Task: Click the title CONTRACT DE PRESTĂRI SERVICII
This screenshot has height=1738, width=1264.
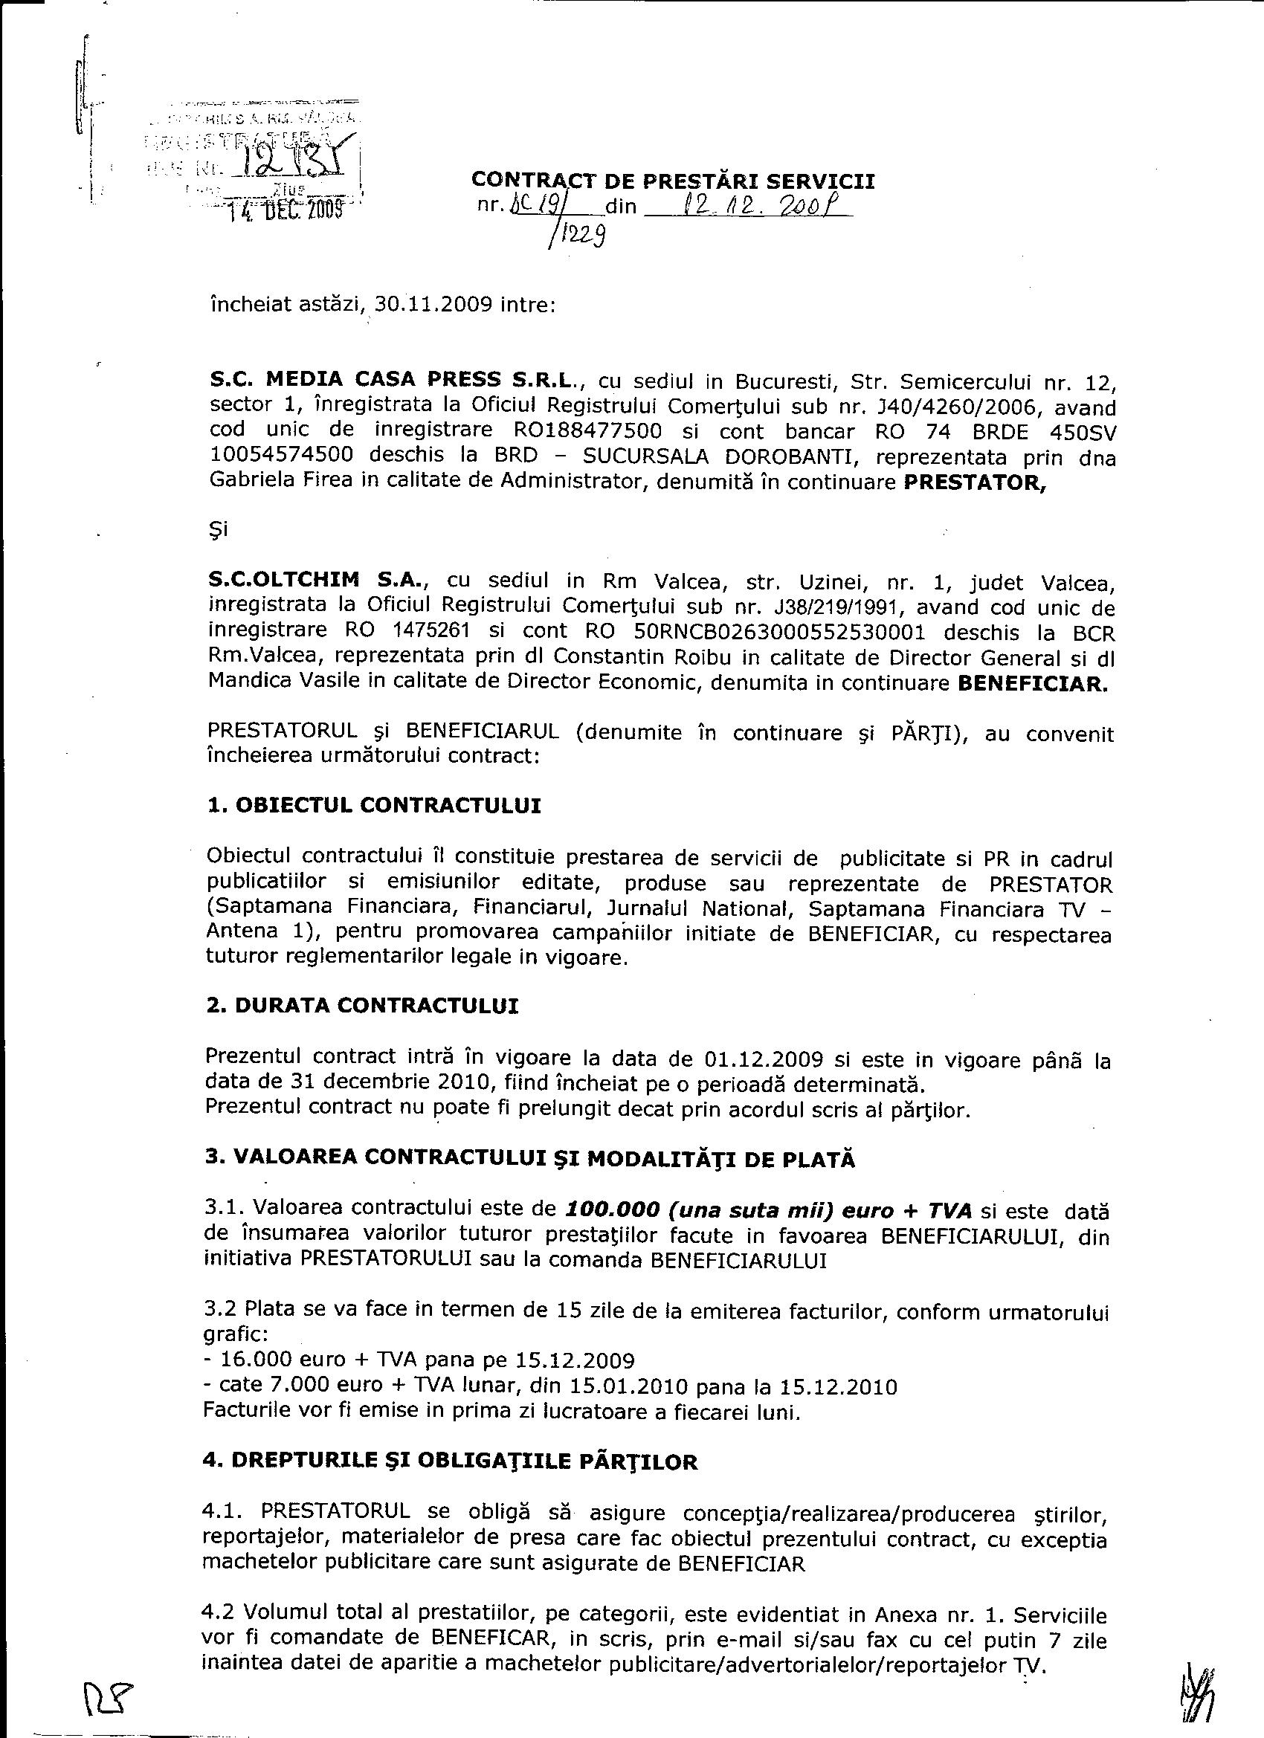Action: pos(672,180)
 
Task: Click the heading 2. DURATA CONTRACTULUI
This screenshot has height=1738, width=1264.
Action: pos(362,1007)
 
